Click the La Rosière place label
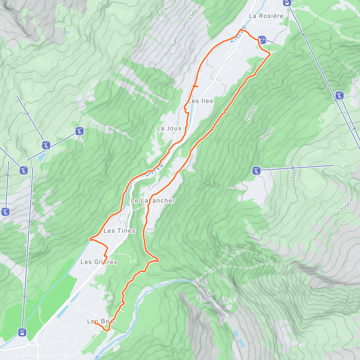tap(266, 16)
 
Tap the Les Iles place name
tap(200, 101)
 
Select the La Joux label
tap(169, 128)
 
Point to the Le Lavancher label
tap(153, 201)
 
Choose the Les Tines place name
tap(119, 231)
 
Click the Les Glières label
tap(99, 262)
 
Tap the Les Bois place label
tap(101, 321)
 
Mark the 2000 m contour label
tap(294, 173)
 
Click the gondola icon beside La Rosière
tap(287, 3)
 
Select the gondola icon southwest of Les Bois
tap(22, 332)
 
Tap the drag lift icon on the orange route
tap(262, 39)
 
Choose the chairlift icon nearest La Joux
tap(79, 131)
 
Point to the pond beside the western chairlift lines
tap(42, 156)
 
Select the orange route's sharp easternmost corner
tap(270, 53)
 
